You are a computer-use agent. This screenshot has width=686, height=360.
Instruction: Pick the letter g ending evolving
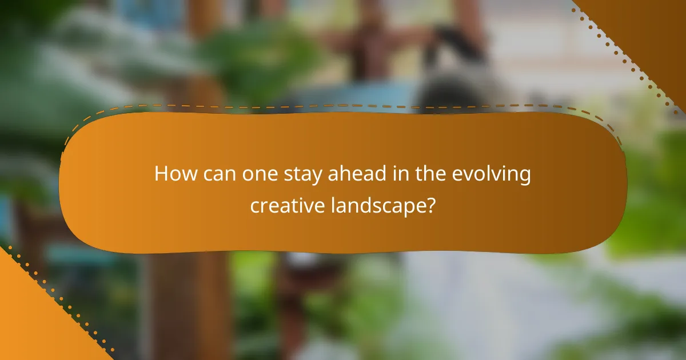click(x=525, y=178)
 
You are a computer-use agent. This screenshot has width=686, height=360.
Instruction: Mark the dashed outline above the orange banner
click(x=343, y=105)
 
